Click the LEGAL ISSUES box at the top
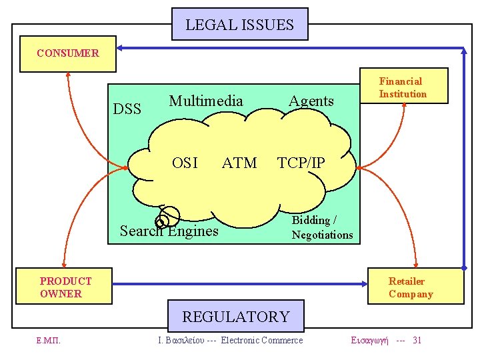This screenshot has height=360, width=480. pos(239,25)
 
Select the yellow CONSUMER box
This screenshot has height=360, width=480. pos(68,53)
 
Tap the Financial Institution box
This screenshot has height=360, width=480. pos(403,87)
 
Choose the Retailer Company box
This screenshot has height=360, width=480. pos(415,287)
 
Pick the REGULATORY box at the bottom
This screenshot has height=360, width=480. pos(236,317)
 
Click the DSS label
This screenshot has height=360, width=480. pos(127,109)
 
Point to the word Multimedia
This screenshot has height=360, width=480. pos(206,101)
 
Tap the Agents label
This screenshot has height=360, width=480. pos(311,101)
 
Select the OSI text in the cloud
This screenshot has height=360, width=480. pos(185,163)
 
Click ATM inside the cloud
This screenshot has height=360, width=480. pos(239,163)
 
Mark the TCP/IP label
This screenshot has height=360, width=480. pos(301,163)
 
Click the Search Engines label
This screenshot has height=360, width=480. pos(169,231)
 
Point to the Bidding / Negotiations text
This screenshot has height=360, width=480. pos(322,227)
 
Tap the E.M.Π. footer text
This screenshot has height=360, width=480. pos(49,341)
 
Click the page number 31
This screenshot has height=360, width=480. pos(417,341)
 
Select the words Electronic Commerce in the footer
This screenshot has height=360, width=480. pos(262,341)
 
